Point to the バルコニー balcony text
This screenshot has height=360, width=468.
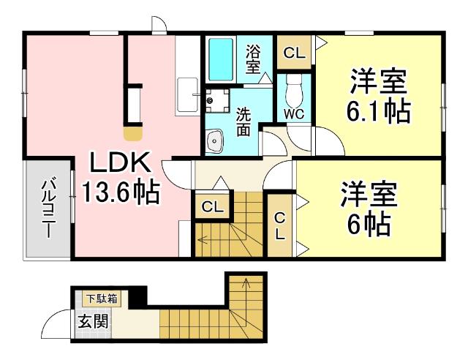pyautogui.click(x=47, y=208)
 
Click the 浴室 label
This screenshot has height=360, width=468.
pyautogui.click(x=253, y=59)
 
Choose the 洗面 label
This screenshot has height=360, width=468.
pyautogui.click(x=244, y=121)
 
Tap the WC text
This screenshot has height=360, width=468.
pyautogui.click(x=294, y=113)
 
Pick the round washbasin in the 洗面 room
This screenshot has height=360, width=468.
pyautogui.click(x=215, y=139)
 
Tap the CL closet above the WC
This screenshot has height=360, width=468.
pyautogui.click(x=294, y=52)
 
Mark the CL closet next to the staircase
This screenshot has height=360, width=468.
pyautogui.click(x=212, y=207)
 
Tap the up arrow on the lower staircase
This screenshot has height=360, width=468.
pyautogui.click(x=246, y=281)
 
